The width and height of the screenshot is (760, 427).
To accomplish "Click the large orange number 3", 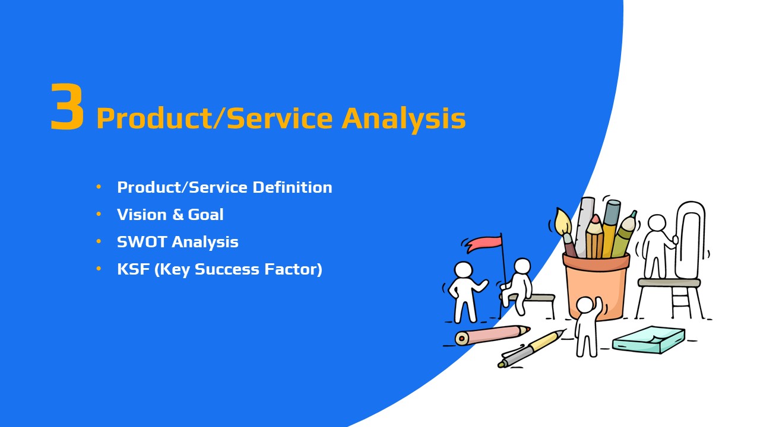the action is click(67, 106).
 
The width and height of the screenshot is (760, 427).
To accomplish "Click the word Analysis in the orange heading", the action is click(403, 119).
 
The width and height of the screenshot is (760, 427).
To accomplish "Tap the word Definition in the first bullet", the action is click(292, 187).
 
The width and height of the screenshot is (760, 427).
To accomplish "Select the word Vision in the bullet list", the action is click(141, 215).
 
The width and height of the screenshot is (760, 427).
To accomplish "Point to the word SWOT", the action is click(142, 242).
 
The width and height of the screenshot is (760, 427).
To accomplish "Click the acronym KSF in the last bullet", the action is click(134, 269).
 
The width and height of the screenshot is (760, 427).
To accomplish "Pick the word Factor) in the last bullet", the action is click(293, 270).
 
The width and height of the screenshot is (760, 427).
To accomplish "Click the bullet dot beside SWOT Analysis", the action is click(99, 241).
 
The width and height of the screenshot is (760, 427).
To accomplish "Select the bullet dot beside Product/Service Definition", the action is click(99, 187).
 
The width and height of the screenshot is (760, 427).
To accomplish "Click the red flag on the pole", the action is click(484, 243).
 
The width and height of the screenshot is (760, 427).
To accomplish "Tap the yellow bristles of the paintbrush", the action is click(563, 221).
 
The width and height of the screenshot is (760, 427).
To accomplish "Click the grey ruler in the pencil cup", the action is click(585, 227).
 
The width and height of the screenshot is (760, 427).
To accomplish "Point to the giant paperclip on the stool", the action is click(690, 240).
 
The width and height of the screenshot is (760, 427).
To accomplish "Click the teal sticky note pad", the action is click(648, 340).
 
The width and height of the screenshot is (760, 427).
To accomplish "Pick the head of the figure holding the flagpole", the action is click(522, 266).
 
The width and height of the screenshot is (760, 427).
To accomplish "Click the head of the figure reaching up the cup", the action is click(585, 305).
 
